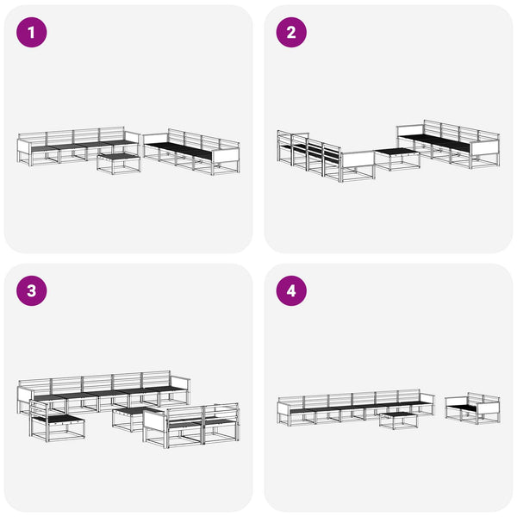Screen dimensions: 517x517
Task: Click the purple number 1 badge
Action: click(32, 33)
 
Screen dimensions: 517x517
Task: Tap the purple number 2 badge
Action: click(291, 33)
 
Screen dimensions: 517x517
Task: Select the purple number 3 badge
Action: click(32, 291)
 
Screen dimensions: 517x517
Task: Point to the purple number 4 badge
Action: click(291, 291)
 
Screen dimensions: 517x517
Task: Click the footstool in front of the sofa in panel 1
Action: click(119, 162)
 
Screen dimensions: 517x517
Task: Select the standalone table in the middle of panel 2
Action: click(397, 159)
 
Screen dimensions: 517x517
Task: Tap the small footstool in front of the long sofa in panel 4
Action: click(399, 420)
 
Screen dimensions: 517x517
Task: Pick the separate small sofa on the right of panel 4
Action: click(472, 408)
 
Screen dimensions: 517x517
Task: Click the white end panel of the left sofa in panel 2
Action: click(358, 159)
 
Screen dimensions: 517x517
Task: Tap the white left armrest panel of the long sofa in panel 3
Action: click(24, 395)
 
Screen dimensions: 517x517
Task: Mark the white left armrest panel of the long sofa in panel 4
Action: click(283, 408)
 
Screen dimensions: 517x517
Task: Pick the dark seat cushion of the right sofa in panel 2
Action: click(435, 140)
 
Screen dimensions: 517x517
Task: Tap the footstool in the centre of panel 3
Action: click(131, 420)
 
